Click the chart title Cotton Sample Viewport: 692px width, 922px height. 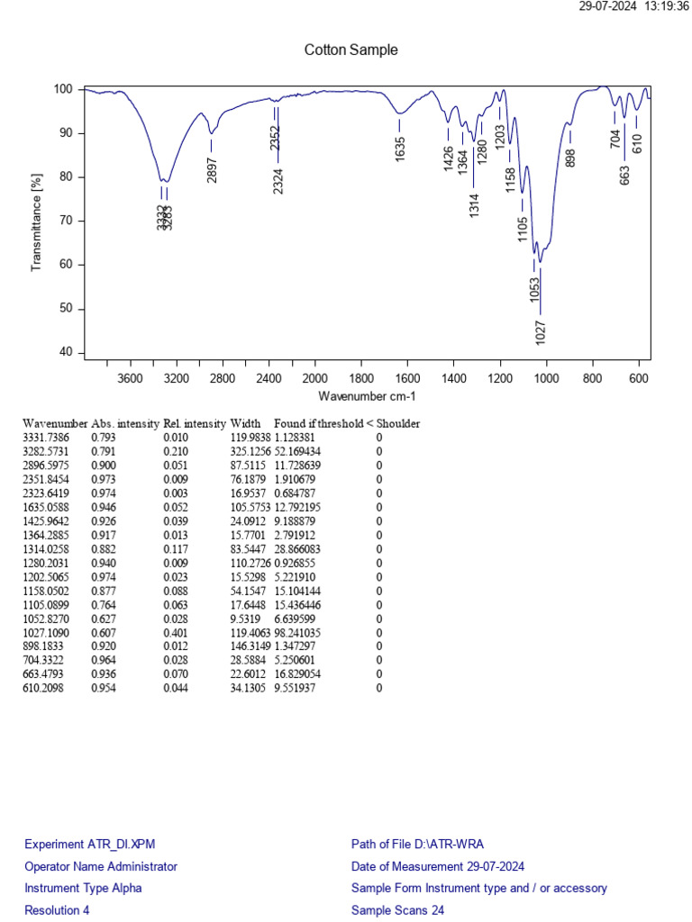point(351,50)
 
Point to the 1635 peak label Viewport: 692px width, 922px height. point(400,149)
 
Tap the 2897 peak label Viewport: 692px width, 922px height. point(212,169)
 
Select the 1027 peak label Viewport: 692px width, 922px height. point(540,330)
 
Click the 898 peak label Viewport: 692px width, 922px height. point(569,158)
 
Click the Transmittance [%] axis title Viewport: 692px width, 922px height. point(38,221)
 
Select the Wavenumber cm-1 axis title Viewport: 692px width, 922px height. point(367,396)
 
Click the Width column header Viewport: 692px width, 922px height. point(245,423)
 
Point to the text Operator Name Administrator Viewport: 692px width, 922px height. point(101,866)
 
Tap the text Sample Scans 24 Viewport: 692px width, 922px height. point(397,910)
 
